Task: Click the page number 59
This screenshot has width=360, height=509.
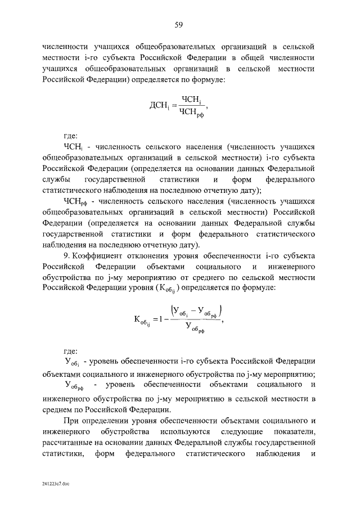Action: coord(179,25)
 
